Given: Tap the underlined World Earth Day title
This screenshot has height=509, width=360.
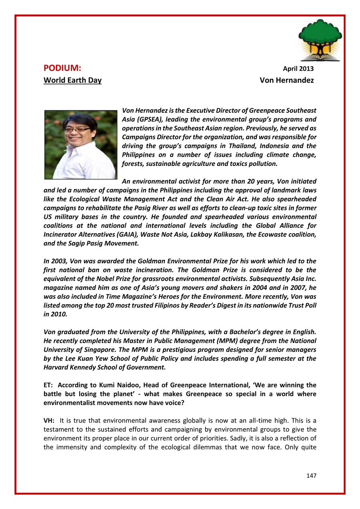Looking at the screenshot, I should [x=72, y=80].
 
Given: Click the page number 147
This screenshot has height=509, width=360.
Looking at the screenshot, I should [x=311, y=476].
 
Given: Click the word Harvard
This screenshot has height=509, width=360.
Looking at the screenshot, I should [x=58, y=367].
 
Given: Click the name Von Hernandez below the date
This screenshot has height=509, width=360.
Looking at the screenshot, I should [x=286, y=80].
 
